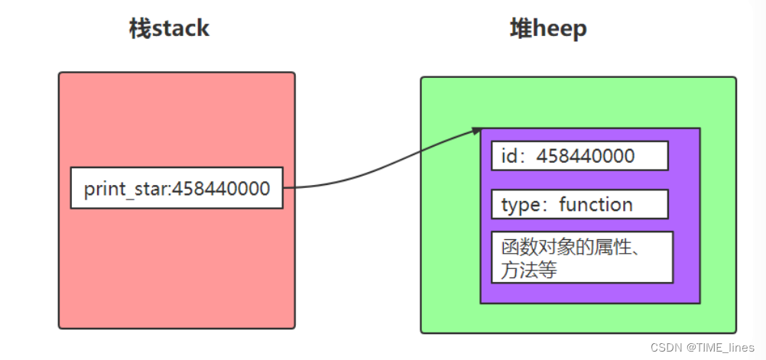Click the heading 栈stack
(169, 30)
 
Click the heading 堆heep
(548, 30)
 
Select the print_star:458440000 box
(177, 188)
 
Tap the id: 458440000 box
(579, 156)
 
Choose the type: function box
(579, 204)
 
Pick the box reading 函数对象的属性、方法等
(582, 258)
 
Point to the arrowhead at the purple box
(476, 131)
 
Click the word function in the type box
(596, 205)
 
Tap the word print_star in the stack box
(125, 188)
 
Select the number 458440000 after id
(586, 156)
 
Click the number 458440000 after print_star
(222, 188)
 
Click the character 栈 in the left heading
(138, 30)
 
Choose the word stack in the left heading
(180, 30)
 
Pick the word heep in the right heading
(559, 30)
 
